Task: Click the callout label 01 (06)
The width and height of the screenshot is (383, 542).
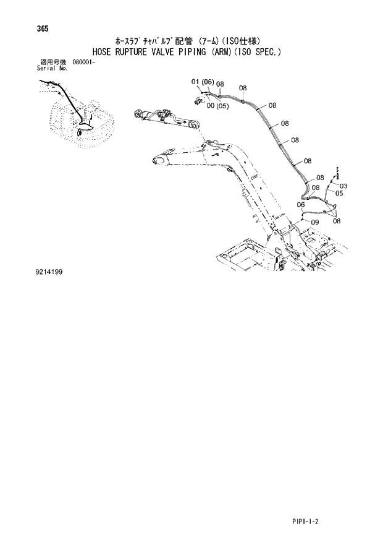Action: click(x=202, y=82)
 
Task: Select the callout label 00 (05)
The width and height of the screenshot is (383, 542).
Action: click(x=218, y=106)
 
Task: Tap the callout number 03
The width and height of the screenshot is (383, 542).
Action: click(x=343, y=186)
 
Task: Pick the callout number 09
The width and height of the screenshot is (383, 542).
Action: click(x=314, y=222)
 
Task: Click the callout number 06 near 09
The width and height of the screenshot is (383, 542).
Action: click(x=301, y=205)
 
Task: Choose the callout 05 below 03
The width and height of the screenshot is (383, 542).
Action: click(x=339, y=193)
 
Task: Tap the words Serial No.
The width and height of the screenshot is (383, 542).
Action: click(x=53, y=68)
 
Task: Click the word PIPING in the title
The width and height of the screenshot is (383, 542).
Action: click(x=191, y=52)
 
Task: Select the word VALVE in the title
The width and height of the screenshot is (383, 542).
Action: click(x=162, y=52)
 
